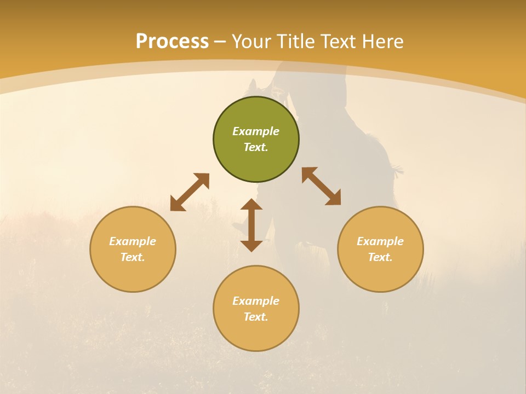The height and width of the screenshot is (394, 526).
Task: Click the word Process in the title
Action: pos(172,42)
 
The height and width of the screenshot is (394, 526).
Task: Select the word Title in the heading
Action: pos(299,42)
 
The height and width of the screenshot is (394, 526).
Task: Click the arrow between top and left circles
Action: pos(190,192)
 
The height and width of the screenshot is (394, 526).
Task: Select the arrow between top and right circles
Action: pos(321,186)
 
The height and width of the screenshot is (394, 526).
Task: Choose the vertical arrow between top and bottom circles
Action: pos(251,225)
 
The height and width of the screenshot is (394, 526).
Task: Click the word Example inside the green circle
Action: pos(256,131)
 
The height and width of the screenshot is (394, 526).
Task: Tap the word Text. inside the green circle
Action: pos(256,147)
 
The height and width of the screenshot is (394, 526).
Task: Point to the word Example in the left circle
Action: pos(133,241)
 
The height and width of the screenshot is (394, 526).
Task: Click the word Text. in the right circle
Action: pos(380,257)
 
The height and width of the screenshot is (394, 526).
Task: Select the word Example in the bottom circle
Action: pos(256,301)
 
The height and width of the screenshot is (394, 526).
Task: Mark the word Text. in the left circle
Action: pos(133,257)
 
